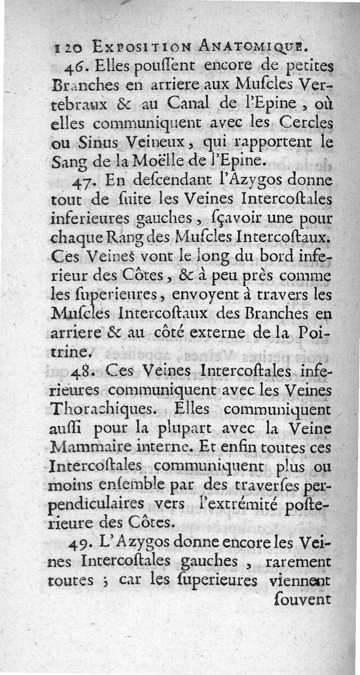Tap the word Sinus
100,143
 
